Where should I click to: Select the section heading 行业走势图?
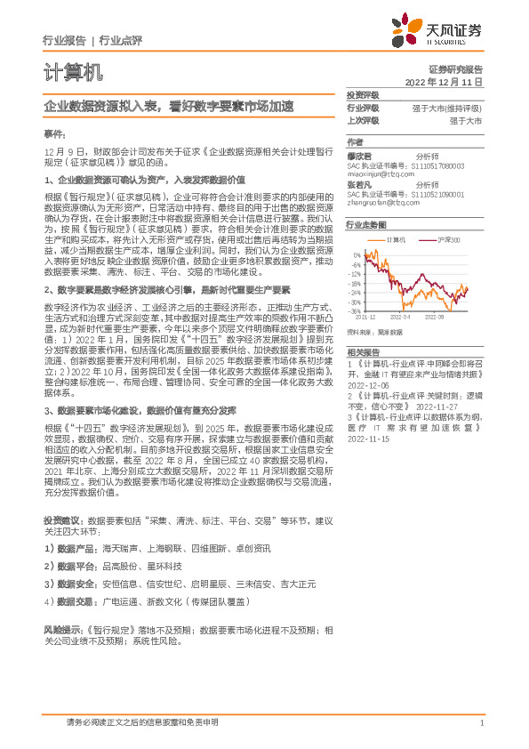point(366,226)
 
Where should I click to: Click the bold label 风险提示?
point(62,628)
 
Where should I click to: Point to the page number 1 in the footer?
point(481,723)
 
